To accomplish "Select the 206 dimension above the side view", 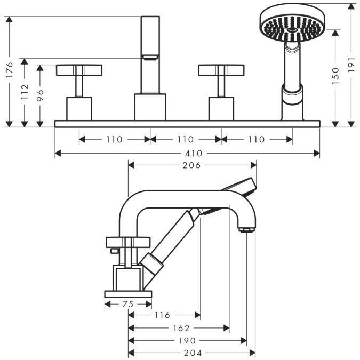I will click(191, 165).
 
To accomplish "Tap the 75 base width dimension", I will click(128, 304).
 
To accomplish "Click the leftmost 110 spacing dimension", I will click(114, 139).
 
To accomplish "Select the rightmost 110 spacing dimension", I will click(256, 139).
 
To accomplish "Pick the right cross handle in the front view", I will click(221, 70).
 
